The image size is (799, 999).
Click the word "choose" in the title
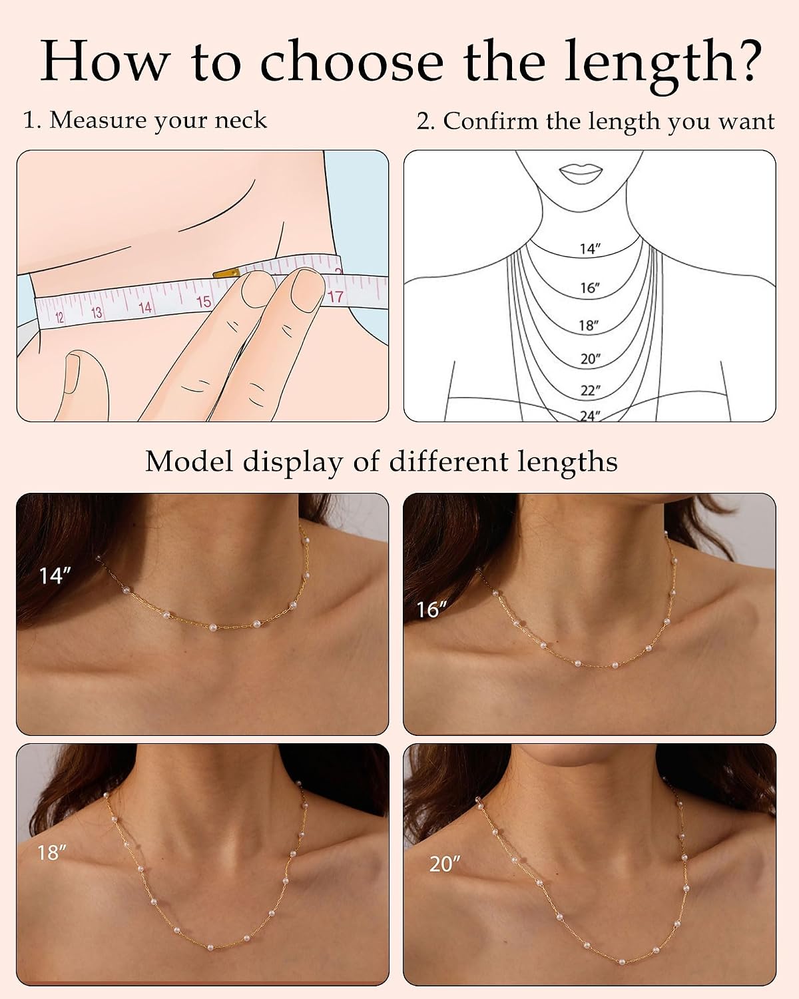point(352,62)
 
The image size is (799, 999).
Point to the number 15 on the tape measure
point(204,302)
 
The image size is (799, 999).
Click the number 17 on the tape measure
point(335,296)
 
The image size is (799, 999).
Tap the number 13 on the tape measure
point(96,313)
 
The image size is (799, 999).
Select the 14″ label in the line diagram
point(590,249)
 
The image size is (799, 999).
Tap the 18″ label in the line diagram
point(588,326)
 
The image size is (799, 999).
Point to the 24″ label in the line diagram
point(590,416)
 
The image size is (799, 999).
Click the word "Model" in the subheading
point(188,462)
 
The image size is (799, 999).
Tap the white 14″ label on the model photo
point(55,575)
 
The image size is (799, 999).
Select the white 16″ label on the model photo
point(431,609)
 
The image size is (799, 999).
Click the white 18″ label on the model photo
point(51,852)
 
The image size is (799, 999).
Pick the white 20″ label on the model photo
point(445,864)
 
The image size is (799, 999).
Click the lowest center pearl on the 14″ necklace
point(214,627)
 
